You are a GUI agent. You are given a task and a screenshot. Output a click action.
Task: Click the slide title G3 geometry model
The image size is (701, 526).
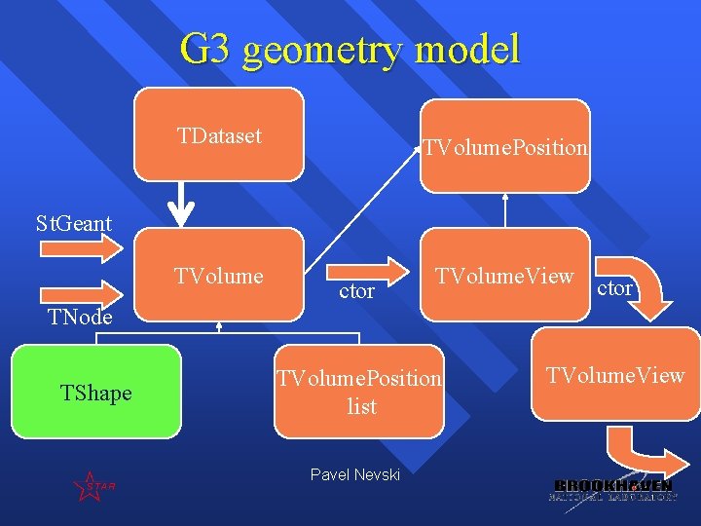point(350,49)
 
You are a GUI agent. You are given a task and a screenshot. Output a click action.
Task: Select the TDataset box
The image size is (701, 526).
point(219,135)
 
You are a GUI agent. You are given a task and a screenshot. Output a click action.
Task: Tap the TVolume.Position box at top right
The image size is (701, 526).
point(505,146)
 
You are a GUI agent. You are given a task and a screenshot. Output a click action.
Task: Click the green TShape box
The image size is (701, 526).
point(95,391)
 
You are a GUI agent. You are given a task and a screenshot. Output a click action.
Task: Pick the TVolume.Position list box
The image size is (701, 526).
point(360,391)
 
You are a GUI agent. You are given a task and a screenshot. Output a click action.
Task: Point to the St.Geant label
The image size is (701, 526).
point(74,223)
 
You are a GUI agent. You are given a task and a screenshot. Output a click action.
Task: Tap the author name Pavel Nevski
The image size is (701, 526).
point(354,474)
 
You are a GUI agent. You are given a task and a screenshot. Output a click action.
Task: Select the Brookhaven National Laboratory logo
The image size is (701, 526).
point(612,490)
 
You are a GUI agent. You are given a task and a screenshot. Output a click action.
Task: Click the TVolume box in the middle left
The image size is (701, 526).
point(219,275)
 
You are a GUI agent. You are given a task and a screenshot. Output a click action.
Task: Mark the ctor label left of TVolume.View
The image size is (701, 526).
point(356,291)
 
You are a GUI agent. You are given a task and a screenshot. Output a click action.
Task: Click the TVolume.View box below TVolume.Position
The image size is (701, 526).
point(504,275)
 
